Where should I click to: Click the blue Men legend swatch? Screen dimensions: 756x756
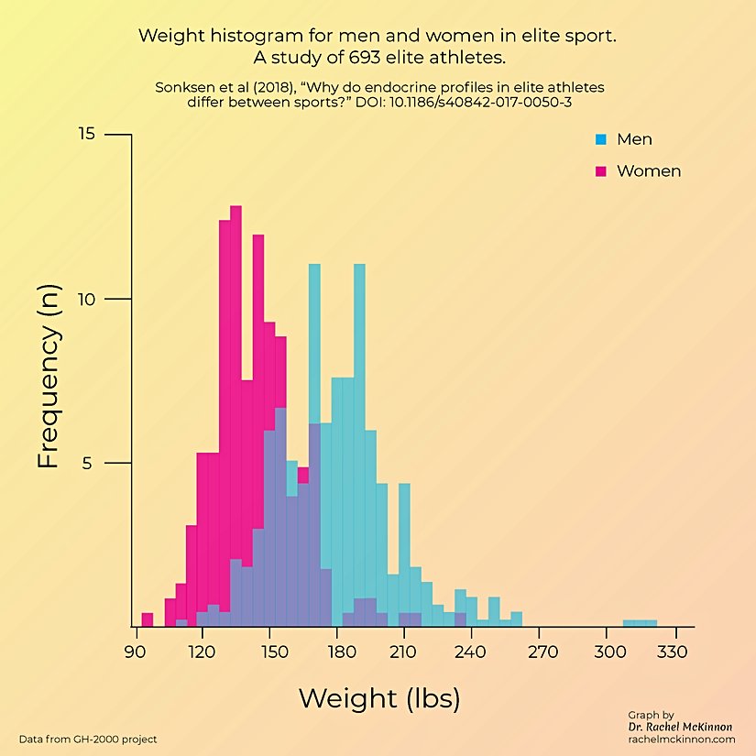click(601, 140)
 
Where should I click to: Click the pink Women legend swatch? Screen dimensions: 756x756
click(601, 171)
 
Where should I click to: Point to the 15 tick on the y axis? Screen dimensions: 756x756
click(86, 135)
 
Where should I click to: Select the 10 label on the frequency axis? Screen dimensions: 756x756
click(86, 299)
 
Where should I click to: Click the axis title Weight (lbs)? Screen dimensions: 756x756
click(378, 698)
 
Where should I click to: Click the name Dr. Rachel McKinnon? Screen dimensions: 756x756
click(680, 727)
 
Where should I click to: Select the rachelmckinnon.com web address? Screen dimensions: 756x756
click(682, 739)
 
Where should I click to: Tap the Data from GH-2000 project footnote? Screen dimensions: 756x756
click(88, 739)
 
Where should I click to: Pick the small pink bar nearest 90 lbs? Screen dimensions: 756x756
click(148, 619)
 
